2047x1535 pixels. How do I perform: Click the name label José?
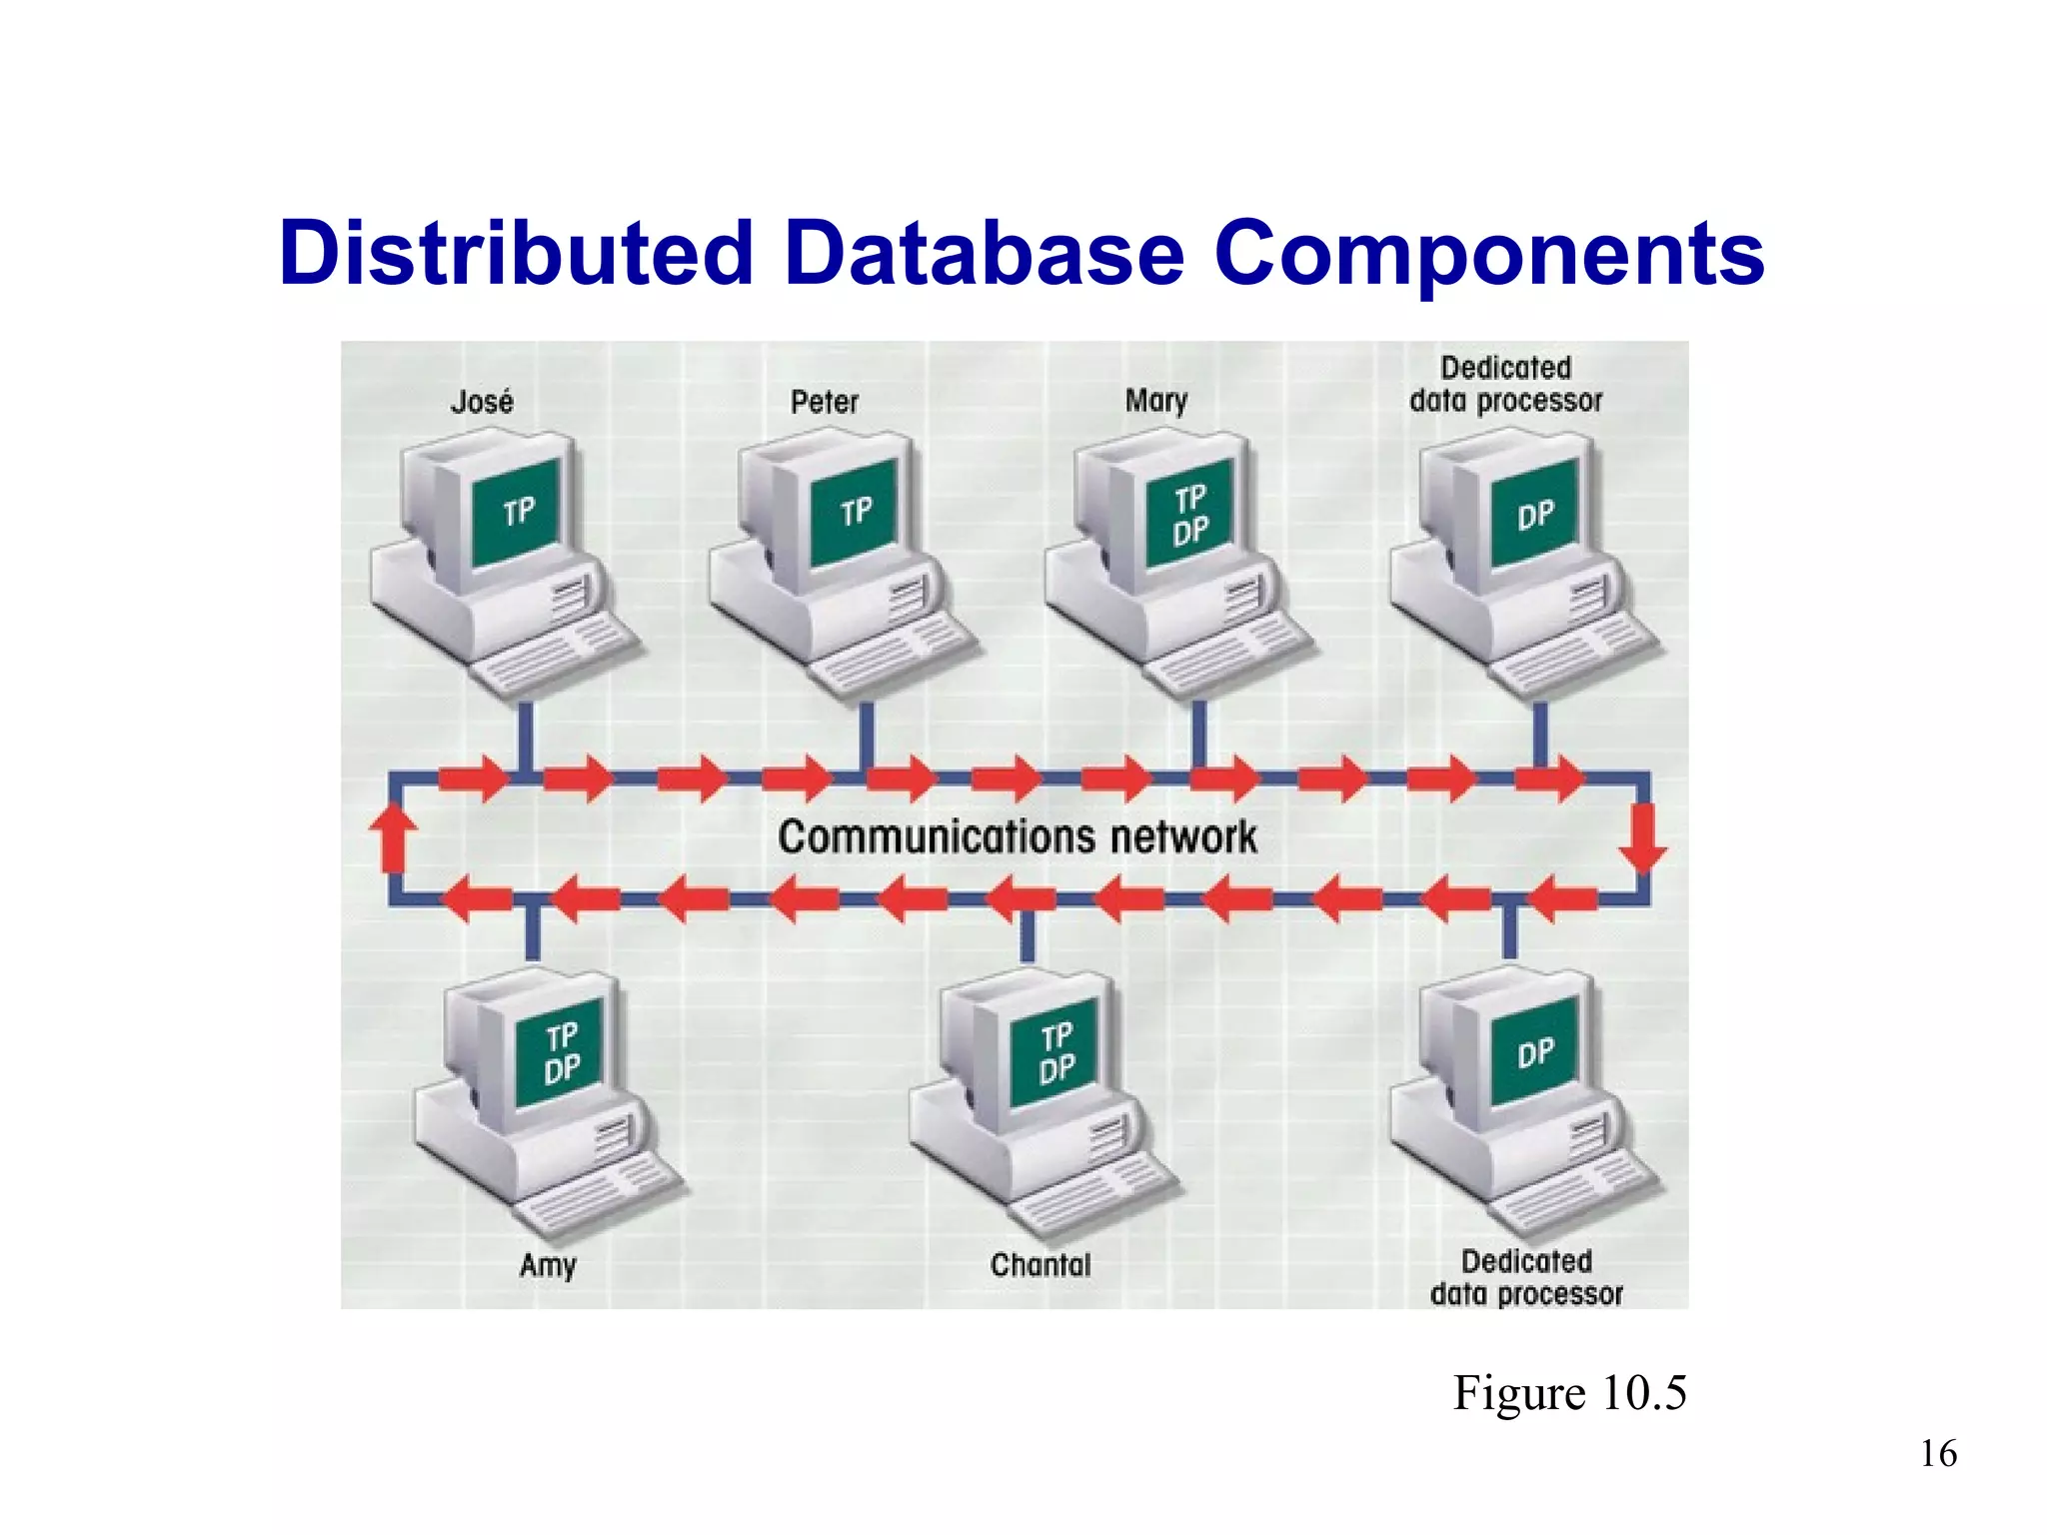pyautogui.click(x=482, y=402)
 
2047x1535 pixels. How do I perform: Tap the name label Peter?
pyautogui.click(x=825, y=402)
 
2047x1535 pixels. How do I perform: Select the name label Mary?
pyautogui.click(x=1156, y=402)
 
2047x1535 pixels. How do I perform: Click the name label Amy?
pyautogui.click(x=548, y=1265)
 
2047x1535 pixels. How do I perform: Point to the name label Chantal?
pyautogui.click(x=1040, y=1265)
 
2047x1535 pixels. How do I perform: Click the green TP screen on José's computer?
pyautogui.click(x=517, y=513)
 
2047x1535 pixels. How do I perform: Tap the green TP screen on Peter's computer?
pyautogui.click(x=855, y=513)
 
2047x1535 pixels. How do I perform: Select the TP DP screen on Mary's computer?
pyautogui.click(x=1189, y=514)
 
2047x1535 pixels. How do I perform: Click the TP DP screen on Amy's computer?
pyautogui.click(x=561, y=1052)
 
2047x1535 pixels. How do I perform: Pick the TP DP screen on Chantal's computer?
pyautogui.click(x=1055, y=1052)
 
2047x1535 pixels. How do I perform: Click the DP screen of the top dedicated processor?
pyautogui.click(x=1534, y=514)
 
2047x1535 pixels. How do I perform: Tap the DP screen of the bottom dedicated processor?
pyautogui.click(x=1534, y=1052)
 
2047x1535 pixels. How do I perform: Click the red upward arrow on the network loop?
pyautogui.click(x=393, y=837)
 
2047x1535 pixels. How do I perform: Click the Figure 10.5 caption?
pyautogui.click(x=1569, y=1392)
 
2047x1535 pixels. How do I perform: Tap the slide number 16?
pyautogui.click(x=1938, y=1454)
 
